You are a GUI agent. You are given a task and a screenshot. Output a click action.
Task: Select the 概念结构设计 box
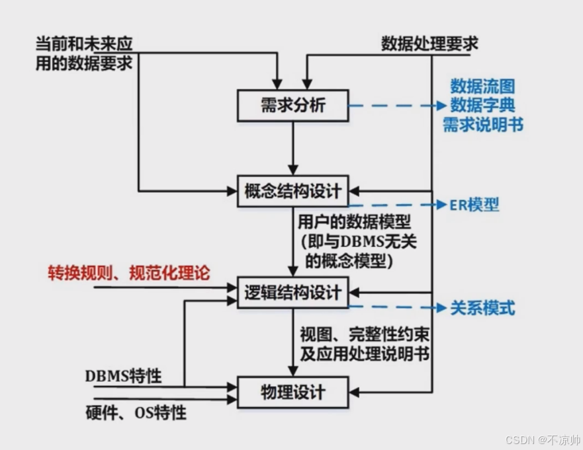click(x=292, y=192)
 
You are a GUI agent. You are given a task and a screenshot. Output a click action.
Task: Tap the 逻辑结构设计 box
click(x=292, y=292)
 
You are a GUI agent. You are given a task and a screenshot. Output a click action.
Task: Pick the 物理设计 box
click(x=292, y=392)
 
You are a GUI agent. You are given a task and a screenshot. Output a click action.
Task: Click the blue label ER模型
click(x=474, y=205)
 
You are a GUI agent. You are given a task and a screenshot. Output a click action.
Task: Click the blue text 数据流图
click(x=482, y=87)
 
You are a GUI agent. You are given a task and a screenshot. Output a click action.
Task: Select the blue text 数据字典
click(x=482, y=105)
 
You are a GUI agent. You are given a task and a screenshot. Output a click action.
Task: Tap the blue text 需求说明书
click(x=482, y=124)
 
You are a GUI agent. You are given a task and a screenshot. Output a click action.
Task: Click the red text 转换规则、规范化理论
click(x=128, y=273)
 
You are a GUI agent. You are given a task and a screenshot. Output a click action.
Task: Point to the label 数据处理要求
click(x=429, y=44)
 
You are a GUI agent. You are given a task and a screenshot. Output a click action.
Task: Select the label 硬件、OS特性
click(x=136, y=413)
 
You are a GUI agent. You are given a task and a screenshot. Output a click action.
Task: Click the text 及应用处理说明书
click(x=365, y=354)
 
